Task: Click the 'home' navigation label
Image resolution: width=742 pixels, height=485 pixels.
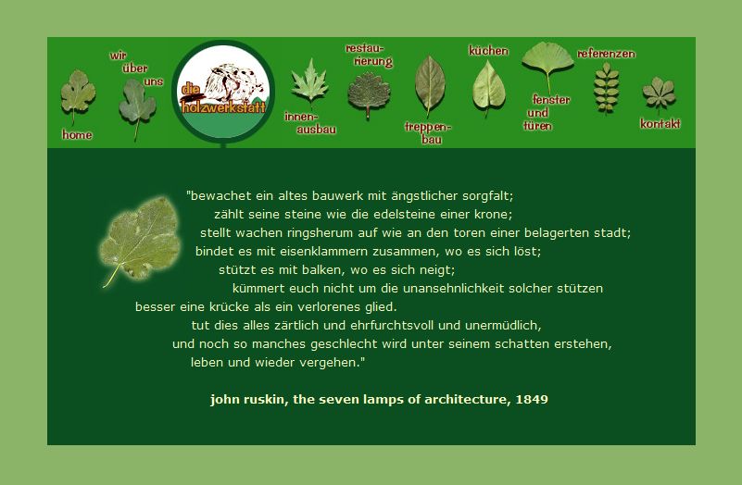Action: [x=77, y=135]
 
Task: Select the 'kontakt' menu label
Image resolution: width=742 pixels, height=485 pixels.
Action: [x=660, y=124]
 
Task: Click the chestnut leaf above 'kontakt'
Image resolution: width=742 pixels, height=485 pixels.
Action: [x=659, y=93]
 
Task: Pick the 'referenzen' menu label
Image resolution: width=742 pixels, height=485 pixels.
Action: [x=606, y=54]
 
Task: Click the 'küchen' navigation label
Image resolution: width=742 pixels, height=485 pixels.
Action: [x=488, y=51]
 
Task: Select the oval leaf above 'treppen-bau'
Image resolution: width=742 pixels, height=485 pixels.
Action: [x=430, y=86]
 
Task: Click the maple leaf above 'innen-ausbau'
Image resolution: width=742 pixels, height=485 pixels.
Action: [x=310, y=82]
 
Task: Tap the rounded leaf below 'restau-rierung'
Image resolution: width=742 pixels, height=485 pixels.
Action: [x=369, y=94]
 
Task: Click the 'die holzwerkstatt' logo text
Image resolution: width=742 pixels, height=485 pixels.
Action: [x=223, y=99]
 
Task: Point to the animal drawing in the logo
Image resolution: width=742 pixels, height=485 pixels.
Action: [x=234, y=82]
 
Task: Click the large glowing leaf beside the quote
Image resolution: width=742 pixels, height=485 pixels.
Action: [x=140, y=239]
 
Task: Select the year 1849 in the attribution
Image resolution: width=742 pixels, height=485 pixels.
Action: [x=532, y=400]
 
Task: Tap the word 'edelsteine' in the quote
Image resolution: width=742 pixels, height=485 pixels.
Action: [x=405, y=215]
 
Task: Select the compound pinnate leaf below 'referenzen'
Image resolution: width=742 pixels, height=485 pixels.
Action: [x=607, y=89]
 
